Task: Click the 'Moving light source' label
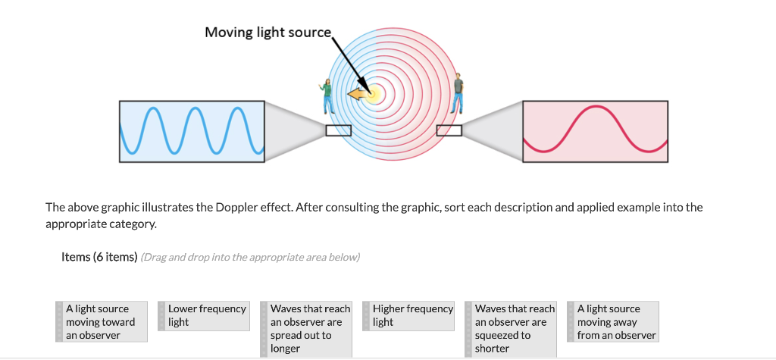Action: click(x=268, y=33)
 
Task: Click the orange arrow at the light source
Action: click(x=355, y=94)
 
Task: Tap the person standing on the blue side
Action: click(x=327, y=96)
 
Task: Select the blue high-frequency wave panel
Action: click(x=192, y=131)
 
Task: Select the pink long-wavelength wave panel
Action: click(x=595, y=131)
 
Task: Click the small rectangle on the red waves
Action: click(x=449, y=131)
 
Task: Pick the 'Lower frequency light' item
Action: click(x=206, y=315)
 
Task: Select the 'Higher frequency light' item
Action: click(x=411, y=315)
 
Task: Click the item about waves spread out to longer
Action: click(x=309, y=328)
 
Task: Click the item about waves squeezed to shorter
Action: click(x=514, y=328)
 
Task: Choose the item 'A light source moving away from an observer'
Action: click(x=616, y=321)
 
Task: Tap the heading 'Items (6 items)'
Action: click(x=99, y=257)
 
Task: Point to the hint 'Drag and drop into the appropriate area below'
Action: click(x=250, y=257)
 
